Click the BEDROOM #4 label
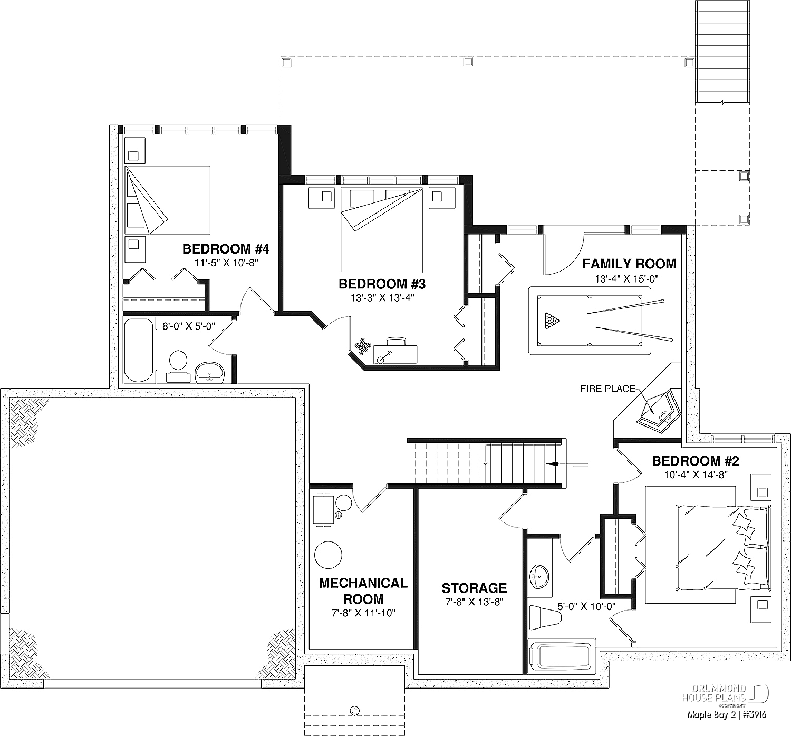(226, 249)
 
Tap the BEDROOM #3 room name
(382, 284)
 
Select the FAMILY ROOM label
(629, 264)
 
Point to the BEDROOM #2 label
(696, 461)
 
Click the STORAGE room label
(474, 588)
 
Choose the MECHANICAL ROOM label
(363, 590)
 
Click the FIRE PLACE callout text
(608, 389)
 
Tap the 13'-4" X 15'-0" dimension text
(626, 279)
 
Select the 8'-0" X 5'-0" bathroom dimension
(188, 326)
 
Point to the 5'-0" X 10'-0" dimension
(586, 606)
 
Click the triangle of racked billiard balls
(551, 321)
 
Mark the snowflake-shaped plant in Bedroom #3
(362, 346)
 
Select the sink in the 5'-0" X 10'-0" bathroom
(539, 576)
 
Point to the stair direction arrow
(567, 464)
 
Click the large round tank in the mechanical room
(328, 555)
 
